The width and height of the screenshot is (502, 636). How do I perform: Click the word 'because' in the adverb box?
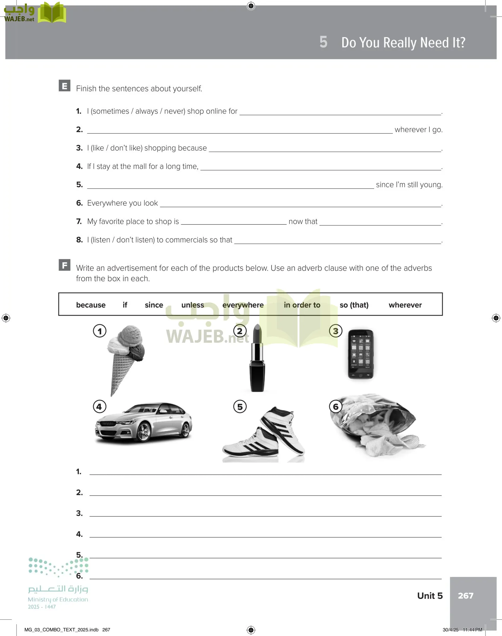pos(91,305)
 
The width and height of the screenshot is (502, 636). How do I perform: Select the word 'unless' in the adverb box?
pos(193,305)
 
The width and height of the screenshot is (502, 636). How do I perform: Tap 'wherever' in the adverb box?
pos(405,305)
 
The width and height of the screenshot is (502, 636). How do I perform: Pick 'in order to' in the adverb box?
pos(302,305)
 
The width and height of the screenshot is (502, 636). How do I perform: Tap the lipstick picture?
pos(257,359)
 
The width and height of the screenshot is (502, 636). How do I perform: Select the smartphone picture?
pos(360,354)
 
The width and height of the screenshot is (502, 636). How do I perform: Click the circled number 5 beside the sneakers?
pos(240,407)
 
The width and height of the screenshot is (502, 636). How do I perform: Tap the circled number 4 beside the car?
pos(99,407)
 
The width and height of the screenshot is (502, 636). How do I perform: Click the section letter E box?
pos(64,86)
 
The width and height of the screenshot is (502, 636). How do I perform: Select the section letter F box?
pos(64,265)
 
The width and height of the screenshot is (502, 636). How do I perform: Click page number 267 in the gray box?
pos(465,596)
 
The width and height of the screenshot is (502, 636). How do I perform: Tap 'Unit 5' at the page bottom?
pos(430,596)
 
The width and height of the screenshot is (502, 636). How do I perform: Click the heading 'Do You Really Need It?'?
pos(403,43)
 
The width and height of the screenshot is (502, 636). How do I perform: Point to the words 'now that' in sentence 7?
pos(303,222)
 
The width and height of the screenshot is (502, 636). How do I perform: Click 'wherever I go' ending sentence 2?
pos(418,130)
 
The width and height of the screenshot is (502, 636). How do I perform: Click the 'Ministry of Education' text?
pos(58,600)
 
